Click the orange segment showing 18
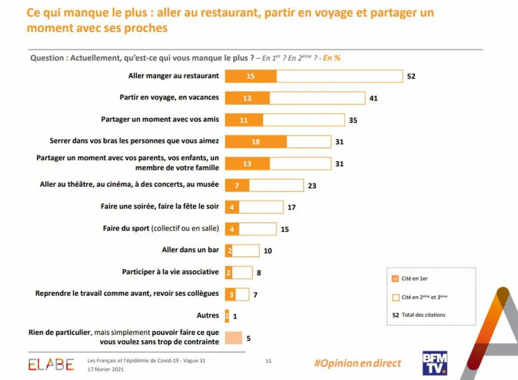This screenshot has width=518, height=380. [256, 142]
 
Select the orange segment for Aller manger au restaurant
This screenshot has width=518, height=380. [250, 76]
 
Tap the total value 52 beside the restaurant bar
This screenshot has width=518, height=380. [411, 76]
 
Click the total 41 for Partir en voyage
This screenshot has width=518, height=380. [374, 98]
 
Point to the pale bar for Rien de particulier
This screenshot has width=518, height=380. [234, 338]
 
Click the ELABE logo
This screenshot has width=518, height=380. [51, 364]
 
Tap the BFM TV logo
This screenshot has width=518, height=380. [435, 363]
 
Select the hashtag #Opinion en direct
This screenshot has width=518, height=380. [357, 363]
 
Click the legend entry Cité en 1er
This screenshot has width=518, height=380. [414, 278]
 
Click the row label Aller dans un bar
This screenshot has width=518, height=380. [190, 250]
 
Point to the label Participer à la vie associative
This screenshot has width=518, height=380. [170, 272]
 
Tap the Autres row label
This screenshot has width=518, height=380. [208, 315]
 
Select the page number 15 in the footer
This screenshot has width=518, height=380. [268, 361]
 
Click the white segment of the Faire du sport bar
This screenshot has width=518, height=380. [257, 229]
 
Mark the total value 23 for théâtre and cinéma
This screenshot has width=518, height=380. [312, 185]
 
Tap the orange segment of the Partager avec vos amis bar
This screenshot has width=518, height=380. [244, 120]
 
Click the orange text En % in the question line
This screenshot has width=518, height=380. [332, 58]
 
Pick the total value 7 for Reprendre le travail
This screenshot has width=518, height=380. [255, 295]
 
